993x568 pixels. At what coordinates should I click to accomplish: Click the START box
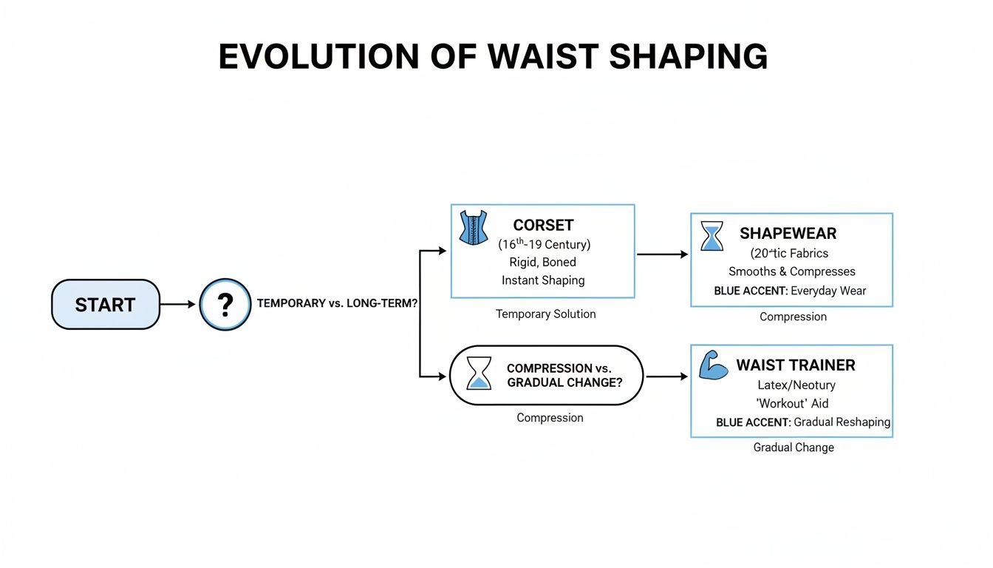tap(105, 305)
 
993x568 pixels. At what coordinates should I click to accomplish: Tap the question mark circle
tap(225, 305)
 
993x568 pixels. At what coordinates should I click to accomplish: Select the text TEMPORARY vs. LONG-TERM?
tap(337, 303)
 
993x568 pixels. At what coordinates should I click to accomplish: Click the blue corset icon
tap(474, 227)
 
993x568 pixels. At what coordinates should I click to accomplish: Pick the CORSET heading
tap(543, 226)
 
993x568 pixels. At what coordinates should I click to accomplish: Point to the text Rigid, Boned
tap(543, 262)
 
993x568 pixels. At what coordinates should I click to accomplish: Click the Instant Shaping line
tap(543, 280)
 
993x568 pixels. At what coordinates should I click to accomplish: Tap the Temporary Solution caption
tap(545, 314)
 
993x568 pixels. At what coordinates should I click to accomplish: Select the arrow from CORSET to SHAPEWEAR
tap(662, 254)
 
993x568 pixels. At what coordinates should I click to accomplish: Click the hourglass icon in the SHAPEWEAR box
tap(712, 236)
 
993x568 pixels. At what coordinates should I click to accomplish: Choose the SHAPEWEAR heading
tap(788, 234)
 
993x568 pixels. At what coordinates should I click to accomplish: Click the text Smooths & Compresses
tap(791, 271)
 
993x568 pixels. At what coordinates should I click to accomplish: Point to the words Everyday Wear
tap(828, 291)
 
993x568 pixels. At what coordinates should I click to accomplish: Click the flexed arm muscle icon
tap(713, 366)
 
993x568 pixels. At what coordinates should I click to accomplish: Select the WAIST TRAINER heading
tap(796, 365)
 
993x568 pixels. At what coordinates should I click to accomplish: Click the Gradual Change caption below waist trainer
tap(794, 447)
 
